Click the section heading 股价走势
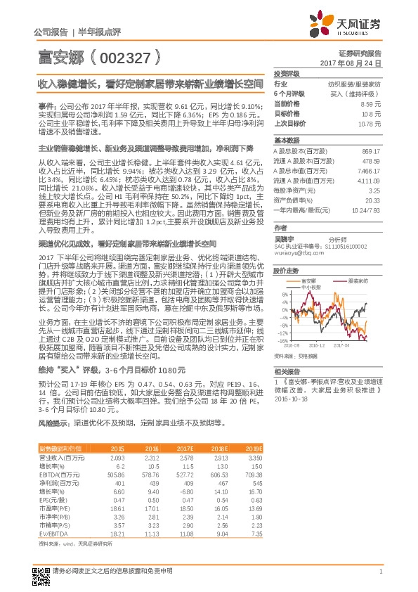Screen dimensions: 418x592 point(286,270)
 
